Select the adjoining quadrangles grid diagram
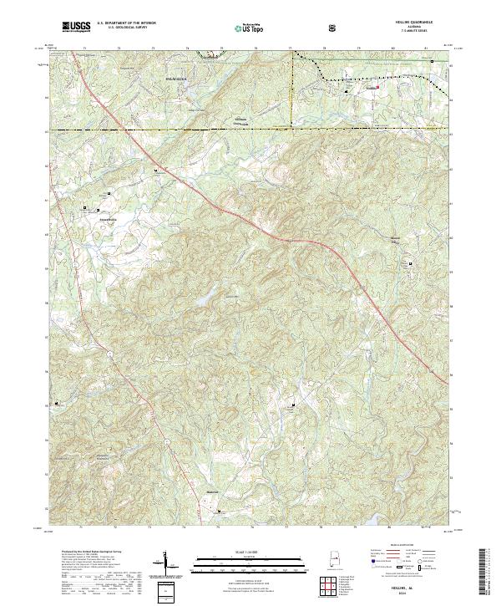pos(331,589)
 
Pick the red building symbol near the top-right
pos(377,86)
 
